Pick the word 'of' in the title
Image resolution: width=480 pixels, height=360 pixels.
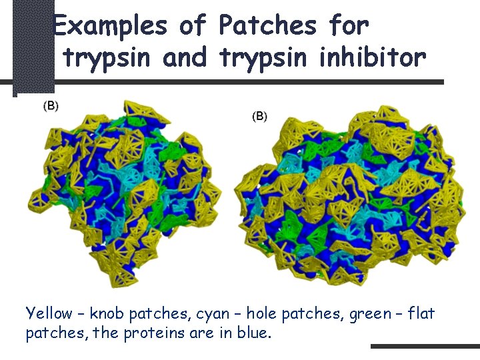pyautogui.click(x=193, y=26)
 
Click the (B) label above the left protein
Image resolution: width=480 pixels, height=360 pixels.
pyautogui.click(x=51, y=106)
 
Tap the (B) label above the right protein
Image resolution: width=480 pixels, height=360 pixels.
pyautogui.click(x=259, y=116)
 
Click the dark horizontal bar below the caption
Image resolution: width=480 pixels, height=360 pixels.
pyautogui.click(x=425, y=346)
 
